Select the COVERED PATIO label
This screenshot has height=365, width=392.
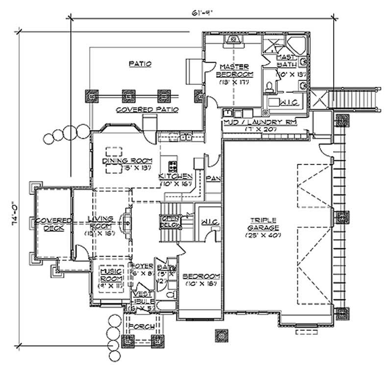pyautogui.click(x=147, y=109)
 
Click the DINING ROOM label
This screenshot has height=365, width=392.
pyautogui.click(x=127, y=160)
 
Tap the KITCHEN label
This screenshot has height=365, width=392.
pyautogui.click(x=175, y=176)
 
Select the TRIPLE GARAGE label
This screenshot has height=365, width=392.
pyautogui.click(x=263, y=224)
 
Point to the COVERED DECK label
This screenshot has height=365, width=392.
pyautogui.click(x=51, y=224)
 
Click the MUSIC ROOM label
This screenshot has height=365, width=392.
pyautogui.click(x=111, y=275)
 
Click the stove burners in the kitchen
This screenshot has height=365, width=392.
pyautogui.click(x=173, y=165)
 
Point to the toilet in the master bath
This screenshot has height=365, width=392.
pyautogui.click(x=269, y=87)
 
